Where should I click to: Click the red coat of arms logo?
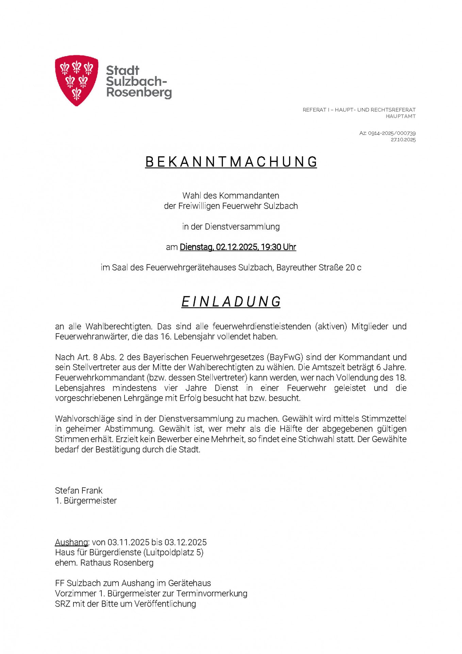[77, 80]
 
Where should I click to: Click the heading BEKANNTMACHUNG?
[231, 162]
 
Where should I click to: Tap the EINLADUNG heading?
[231, 302]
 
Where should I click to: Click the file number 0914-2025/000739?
[392, 133]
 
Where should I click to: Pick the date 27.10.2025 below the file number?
[403, 140]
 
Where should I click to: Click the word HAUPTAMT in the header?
[400, 116]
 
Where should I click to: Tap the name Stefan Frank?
[79, 490]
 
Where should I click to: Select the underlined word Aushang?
[71, 542]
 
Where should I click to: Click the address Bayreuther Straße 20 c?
[319, 268]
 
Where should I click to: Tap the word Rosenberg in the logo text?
[139, 92]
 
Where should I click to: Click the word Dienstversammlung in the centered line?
[242, 227]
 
